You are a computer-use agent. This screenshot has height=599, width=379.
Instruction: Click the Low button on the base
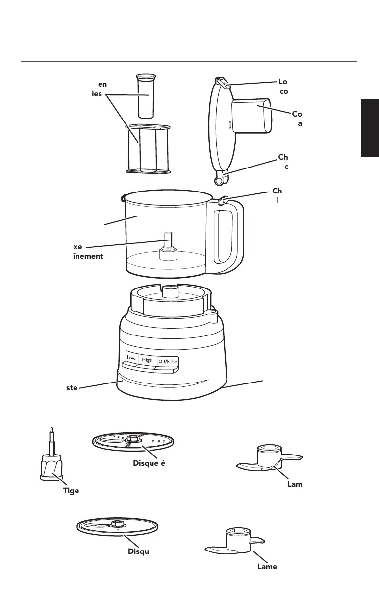(131, 358)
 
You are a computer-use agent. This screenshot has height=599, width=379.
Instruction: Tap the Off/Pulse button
(167, 361)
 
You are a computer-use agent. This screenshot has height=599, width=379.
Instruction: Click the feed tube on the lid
(251, 115)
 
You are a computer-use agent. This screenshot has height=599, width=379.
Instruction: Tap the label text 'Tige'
(71, 491)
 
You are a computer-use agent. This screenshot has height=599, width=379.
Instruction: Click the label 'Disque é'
(148, 464)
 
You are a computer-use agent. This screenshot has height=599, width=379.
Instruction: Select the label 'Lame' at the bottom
(267, 566)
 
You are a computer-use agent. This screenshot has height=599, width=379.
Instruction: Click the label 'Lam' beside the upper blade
(294, 484)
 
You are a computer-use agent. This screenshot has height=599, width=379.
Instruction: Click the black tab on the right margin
(370, 128)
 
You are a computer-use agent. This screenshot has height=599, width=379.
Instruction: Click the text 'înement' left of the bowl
(88, 256)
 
